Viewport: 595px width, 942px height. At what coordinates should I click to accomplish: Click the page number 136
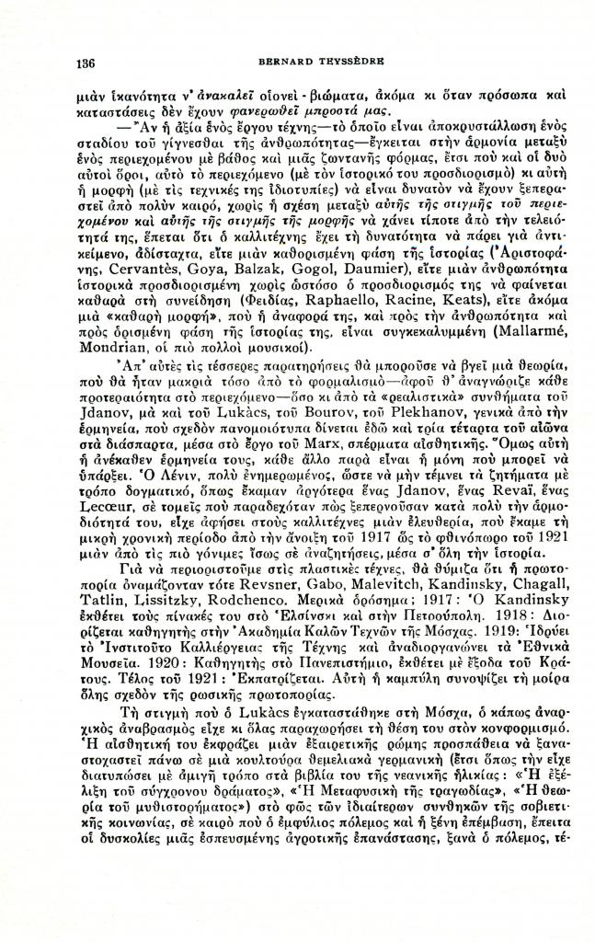[86, 63]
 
